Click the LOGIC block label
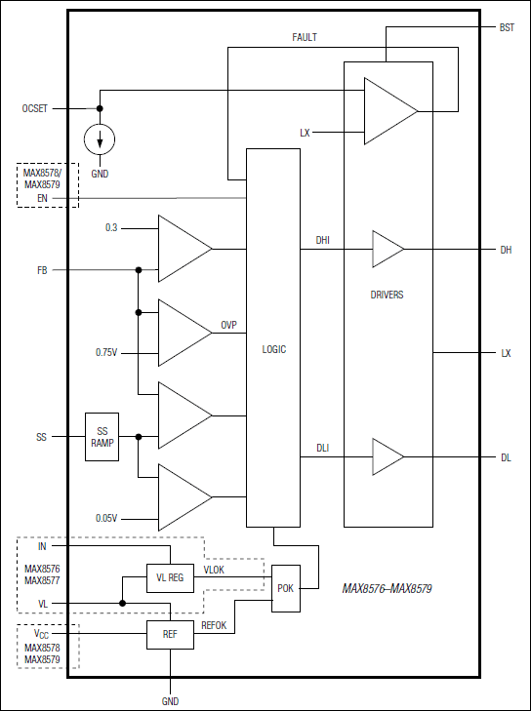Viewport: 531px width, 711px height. coord(274,349)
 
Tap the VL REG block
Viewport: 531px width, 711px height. coord(170,578)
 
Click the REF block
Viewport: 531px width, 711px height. coord(170,634)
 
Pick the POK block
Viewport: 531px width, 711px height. coord(286,589)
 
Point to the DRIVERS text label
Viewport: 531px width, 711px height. coord(388,295)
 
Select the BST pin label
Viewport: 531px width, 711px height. coord(506,28)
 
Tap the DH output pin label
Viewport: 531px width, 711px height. coord(506,250)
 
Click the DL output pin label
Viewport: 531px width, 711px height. coord(506,456)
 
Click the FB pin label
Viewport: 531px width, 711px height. coord(43,270)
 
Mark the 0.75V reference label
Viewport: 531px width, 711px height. coord(107,352)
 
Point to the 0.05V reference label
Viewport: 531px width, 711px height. coord(107,518)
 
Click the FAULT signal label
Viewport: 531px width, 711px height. coord(305,37)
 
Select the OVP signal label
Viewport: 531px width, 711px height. coord(228,325)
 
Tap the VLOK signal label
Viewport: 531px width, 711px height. coord(215,570)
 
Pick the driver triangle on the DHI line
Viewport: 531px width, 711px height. coord(387,250)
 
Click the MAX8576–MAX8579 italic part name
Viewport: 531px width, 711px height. coord(388,589)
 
